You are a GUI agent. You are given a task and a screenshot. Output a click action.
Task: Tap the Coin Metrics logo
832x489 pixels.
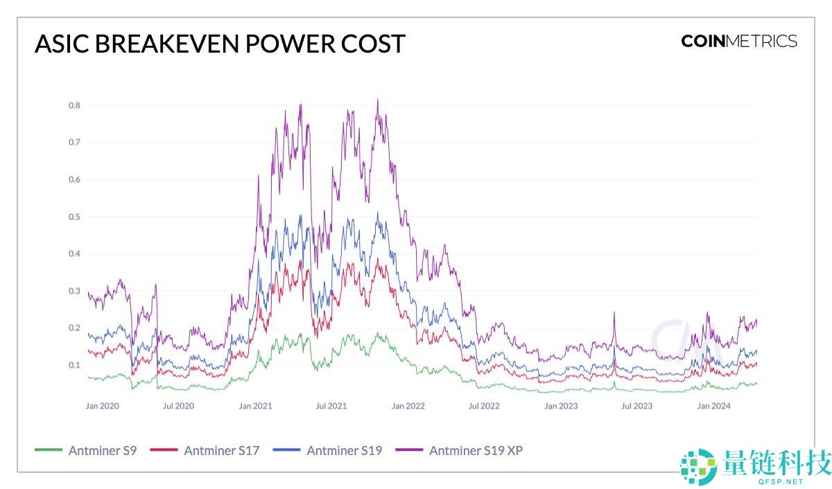[739, 41]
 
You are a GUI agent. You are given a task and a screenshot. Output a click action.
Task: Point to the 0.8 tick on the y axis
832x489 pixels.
[73, 105]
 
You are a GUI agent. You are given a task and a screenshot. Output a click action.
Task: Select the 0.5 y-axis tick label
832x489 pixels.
[73, 217]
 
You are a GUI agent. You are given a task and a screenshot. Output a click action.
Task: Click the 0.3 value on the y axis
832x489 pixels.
[73, 291]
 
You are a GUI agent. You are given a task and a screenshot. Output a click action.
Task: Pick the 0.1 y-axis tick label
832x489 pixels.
[73, 365]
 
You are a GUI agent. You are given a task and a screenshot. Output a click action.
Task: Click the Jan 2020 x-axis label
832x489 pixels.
[102, 406]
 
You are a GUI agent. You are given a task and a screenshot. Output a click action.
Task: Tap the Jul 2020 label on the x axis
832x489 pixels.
[178, 406]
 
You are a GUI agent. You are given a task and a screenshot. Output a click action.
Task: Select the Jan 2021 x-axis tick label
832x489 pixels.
[255, 406]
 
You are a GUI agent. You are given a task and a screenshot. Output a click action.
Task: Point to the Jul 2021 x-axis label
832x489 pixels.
[331, 406]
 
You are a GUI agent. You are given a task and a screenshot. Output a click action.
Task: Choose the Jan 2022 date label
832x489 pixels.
[408, 406]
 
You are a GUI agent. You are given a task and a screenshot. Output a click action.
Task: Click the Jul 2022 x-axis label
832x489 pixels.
[483, 406]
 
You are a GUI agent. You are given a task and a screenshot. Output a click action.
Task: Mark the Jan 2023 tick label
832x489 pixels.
[560, 406]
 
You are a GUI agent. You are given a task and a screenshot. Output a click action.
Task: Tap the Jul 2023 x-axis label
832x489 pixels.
[636, 406]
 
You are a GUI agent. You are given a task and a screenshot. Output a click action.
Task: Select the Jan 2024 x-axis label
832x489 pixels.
[713, 406]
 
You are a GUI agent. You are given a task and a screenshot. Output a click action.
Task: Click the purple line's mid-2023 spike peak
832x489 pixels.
[614, 313]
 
